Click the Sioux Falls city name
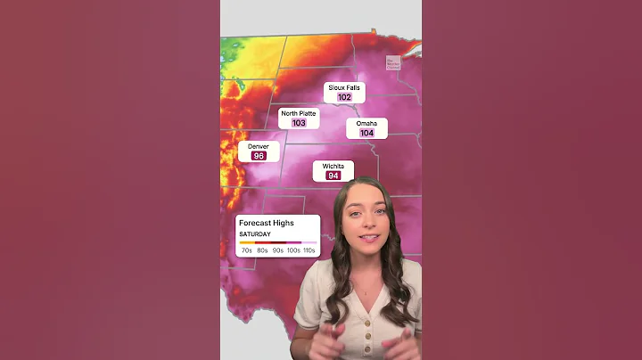345,87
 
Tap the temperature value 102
345,97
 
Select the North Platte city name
299,113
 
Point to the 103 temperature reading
299,123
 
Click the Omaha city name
366,123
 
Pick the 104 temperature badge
366,133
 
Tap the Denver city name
259,146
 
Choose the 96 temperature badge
259,156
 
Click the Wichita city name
333,166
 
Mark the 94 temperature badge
333,176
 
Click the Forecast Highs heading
266,223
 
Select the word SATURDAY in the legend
255,234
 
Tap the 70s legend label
247,250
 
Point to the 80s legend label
263,250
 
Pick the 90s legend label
278,250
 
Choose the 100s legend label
293,250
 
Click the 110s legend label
309,250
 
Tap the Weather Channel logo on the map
393,63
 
